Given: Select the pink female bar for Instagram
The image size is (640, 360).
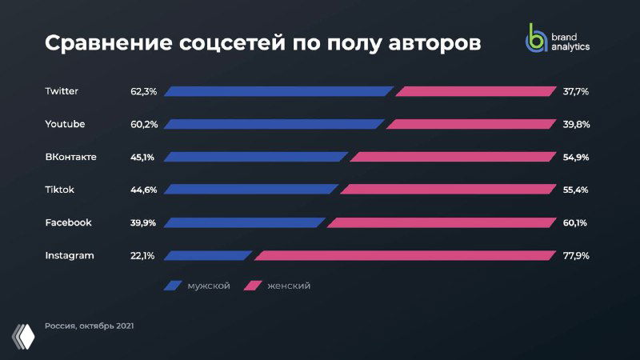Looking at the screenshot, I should [x=405, y=255].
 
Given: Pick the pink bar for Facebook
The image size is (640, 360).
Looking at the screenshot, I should [x=441, y=222].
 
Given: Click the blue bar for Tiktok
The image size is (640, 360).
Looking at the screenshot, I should [x=251, y=190].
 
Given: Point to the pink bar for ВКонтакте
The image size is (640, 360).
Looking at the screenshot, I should [x=452, y=157].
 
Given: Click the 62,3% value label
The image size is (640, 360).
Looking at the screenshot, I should [x=143, y=91].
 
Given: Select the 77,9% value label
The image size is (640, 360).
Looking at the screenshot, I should [x=576, y=255].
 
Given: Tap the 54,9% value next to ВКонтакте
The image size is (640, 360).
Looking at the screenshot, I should [x=576, y=157].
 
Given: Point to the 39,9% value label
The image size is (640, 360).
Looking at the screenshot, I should [x=143, y=222].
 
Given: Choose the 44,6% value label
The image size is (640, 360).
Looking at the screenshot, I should [x=143, y=190].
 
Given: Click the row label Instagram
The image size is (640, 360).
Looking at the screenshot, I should [x=70, y=255].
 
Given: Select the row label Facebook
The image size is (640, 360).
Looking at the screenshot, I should [x=68, y=222].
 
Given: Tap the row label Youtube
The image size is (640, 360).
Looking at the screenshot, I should [x=65, y=124].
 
